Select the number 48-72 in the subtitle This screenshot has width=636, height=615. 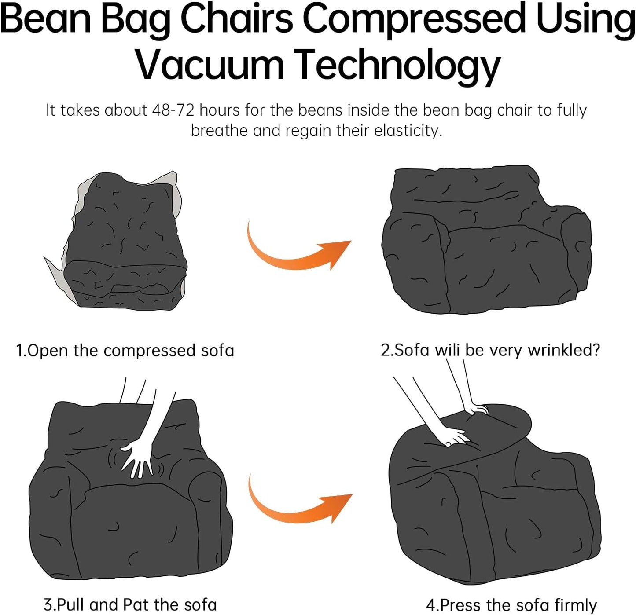[173, 110]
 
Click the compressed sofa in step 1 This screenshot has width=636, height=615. [125, 242]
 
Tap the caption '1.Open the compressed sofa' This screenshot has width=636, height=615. [125, 351]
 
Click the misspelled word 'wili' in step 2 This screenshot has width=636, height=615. [447, 350]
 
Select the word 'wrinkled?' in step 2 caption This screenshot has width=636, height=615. [564, 350]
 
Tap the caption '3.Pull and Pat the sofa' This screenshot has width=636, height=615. [130, 604]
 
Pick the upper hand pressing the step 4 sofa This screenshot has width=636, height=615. [477, 410]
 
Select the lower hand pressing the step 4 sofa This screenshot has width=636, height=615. [453, 438]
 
